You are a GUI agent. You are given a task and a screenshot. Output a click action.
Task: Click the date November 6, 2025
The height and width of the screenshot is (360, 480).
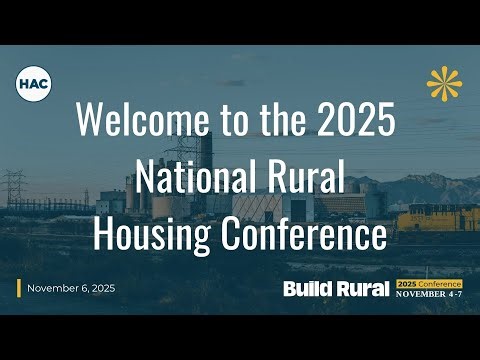pos(71,288)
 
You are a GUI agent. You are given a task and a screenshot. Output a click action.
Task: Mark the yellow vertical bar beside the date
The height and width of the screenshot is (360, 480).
pos(19,288)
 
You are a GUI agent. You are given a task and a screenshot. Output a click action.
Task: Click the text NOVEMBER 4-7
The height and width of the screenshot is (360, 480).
pos(429,294)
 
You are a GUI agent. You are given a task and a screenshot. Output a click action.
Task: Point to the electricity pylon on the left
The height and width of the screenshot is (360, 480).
pos(14,190)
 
